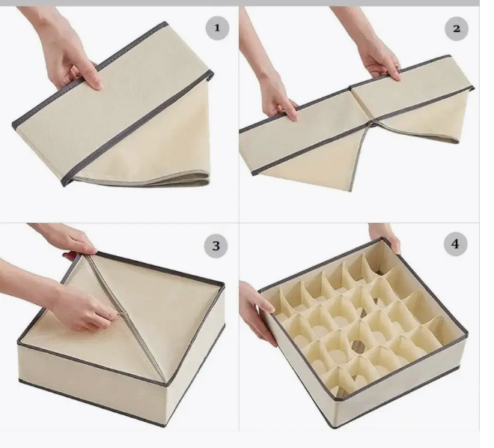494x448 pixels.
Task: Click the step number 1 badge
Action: coord(217,28)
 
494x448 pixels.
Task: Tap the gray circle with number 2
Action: coord(456,28)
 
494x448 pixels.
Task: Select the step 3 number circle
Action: coord(216,246)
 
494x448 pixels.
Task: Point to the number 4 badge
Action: coord(455,244)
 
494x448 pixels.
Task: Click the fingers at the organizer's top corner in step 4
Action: coord(385,237)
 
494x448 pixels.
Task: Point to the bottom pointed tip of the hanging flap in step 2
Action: coord(350,190)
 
